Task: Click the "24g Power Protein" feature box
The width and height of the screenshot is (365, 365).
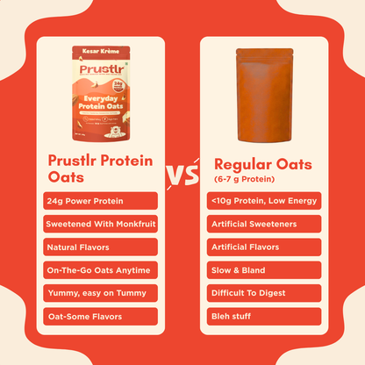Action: point(99,201)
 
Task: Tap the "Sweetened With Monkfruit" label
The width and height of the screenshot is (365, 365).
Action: point(99,224)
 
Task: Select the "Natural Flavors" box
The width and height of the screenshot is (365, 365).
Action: point(99,247)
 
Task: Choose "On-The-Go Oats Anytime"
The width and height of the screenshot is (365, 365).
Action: point(99,269)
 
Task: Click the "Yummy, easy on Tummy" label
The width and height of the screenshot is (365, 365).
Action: point(99,292)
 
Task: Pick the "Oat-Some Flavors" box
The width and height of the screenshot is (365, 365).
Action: point(99,315)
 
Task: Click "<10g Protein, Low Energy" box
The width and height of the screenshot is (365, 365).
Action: point(264,201)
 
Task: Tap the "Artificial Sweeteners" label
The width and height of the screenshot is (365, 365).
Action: point(264,224)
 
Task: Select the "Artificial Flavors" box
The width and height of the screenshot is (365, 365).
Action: point(264,247)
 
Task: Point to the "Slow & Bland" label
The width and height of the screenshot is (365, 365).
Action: point(264,269)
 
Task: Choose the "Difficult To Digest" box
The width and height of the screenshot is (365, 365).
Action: point(264,292)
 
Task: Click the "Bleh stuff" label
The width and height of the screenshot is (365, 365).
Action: point(264,315)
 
